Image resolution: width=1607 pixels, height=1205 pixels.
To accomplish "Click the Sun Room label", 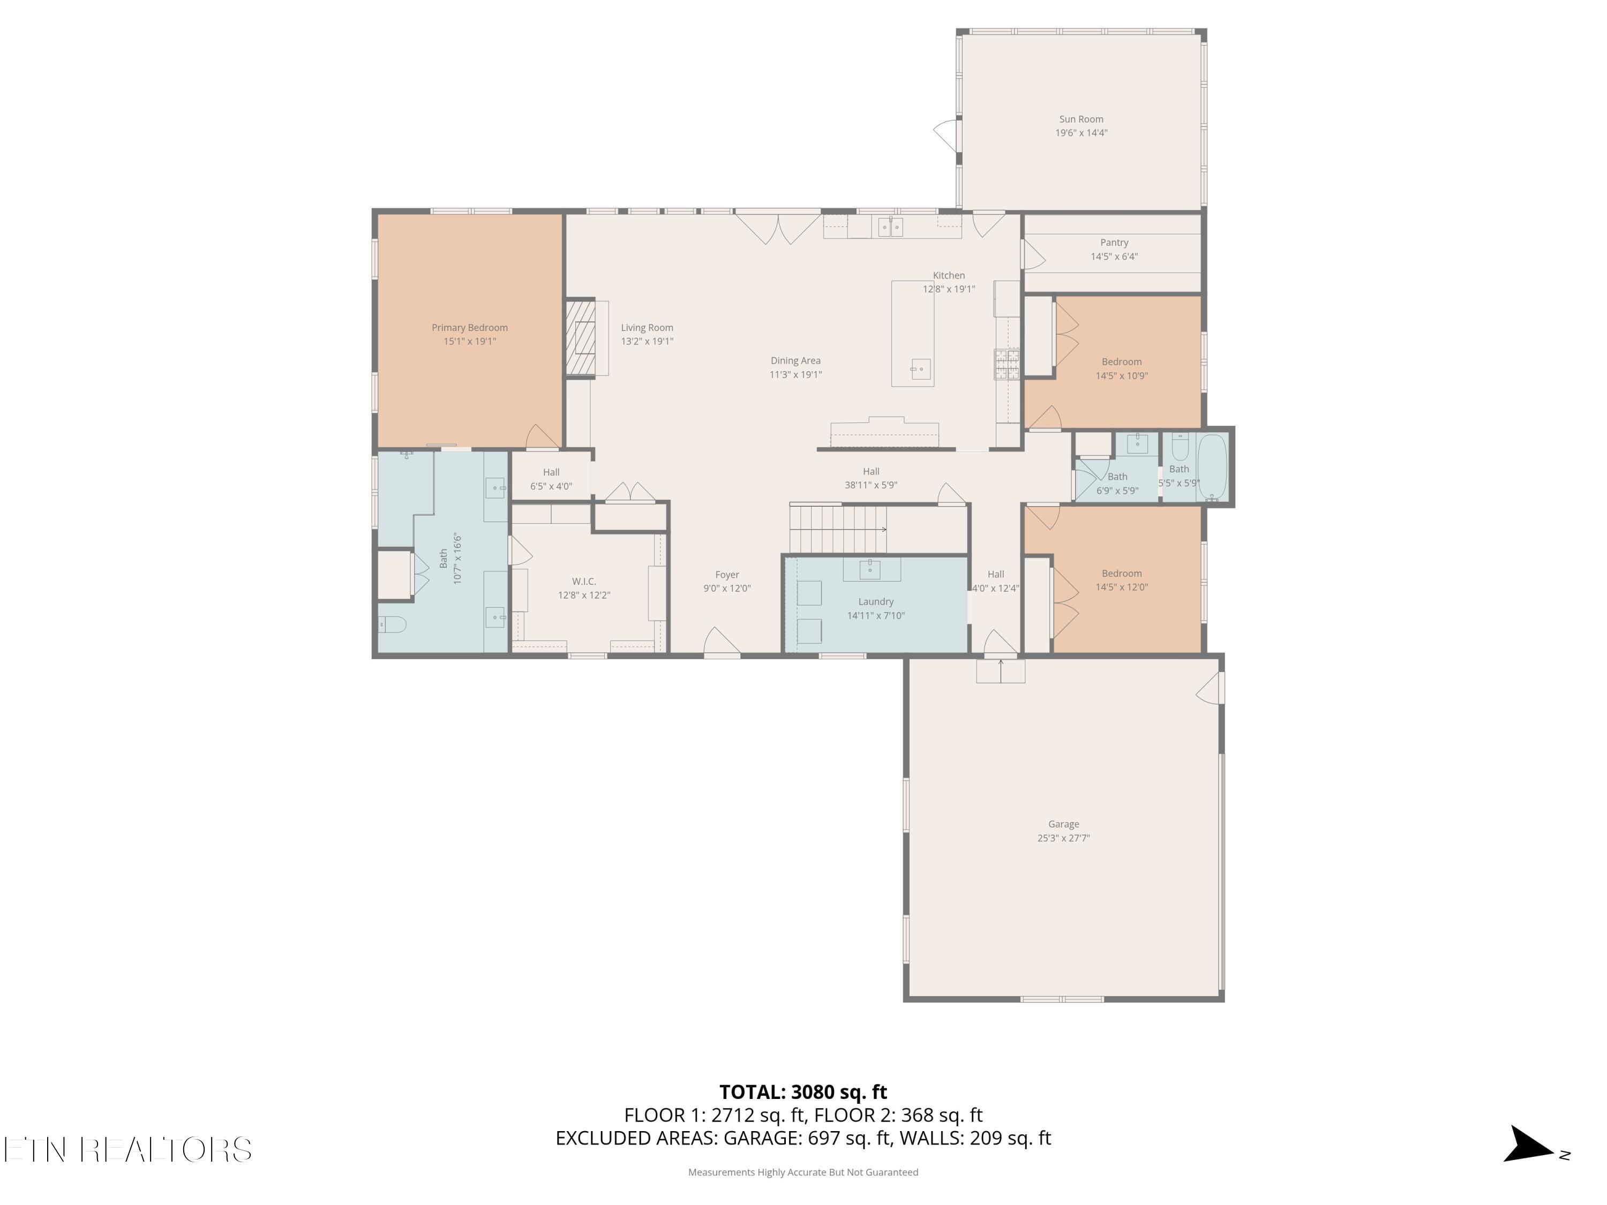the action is click(x=1081, y=119).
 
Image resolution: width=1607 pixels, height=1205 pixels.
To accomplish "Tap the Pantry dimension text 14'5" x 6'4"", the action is click(x=1114, y=257).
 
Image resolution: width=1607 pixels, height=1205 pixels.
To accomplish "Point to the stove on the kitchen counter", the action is click(x=1007, y=364).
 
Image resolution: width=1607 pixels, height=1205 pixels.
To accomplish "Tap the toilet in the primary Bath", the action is click(x=392, y=624).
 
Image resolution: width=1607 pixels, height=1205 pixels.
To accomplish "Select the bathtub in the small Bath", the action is click(x=1211, y=467).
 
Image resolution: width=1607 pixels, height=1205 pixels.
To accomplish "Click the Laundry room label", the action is click(x=875, y=601).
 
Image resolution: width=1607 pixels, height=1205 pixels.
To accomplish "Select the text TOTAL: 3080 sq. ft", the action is click(x=803, y=1091).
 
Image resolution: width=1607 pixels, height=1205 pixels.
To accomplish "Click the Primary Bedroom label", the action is click(x=469, y=328).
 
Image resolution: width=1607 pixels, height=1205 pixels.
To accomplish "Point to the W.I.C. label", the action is click(x=584, y=581).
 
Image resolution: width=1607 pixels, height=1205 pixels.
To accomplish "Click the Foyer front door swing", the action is click(x=722, y=641).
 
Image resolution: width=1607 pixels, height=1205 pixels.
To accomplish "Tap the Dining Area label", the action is click(x=795, y=360).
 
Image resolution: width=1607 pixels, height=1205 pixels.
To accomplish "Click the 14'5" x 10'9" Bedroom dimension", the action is click(x=1122, y=375).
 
